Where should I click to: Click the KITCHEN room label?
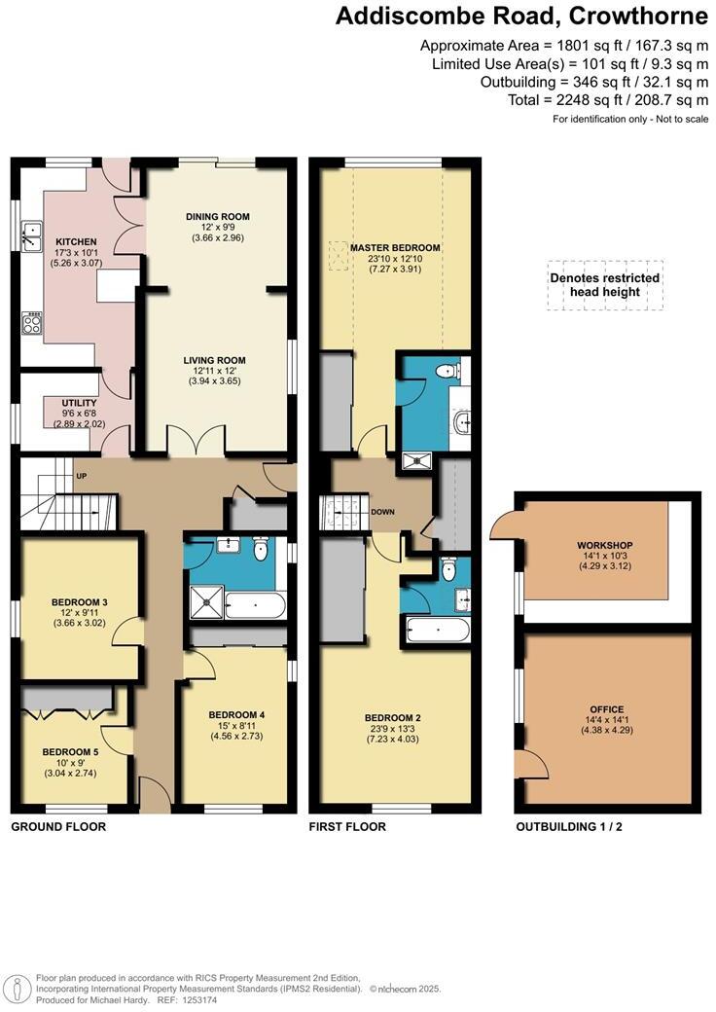click(75, 241)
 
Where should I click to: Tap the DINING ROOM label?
click(218, 216)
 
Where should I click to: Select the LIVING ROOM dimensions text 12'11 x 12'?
click(218, 371)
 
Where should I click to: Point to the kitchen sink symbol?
click(31, 234)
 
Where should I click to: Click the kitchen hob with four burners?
click(31, 324)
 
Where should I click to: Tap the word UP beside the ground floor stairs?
click(81, 477)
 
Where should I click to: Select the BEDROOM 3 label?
click(79, 602)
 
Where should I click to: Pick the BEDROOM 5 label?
click(69, 752)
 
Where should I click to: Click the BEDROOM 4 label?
click(236, 714)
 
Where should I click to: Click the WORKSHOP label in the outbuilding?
click(605, 544)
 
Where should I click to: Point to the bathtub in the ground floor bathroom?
click(255, 606)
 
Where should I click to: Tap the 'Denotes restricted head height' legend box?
click(604, 284)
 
